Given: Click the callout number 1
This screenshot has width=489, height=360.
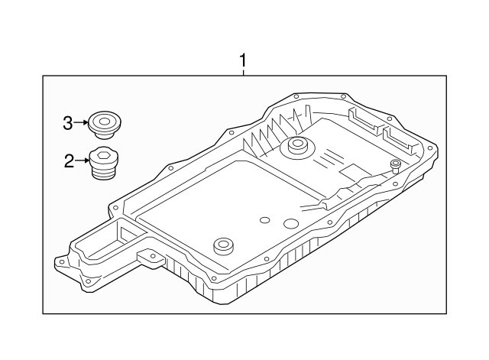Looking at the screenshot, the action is [243, 60].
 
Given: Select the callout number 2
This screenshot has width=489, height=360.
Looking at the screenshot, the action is [70, 161].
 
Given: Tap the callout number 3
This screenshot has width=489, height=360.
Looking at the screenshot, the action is [68, 123].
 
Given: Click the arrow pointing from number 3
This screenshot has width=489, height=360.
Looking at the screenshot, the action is [81, 122].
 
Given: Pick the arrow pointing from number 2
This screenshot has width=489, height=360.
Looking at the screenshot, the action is [82, 161].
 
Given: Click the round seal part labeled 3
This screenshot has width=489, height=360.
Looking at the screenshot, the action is [105, 125].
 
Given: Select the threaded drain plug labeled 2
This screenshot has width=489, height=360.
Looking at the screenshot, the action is [104, 163].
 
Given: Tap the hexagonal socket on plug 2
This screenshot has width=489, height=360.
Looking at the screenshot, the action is [103, 154].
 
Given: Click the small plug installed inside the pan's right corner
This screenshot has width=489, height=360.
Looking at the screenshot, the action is [396, 166].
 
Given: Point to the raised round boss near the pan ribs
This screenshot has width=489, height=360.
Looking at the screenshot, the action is [296, 147].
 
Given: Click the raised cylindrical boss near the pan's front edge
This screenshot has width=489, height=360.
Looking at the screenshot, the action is [224, 246].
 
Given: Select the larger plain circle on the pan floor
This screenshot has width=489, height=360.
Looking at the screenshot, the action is [291, 222].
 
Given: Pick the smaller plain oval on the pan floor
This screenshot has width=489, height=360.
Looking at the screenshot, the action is [265, 220].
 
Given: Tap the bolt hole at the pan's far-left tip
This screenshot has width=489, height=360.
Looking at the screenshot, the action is [62, 261].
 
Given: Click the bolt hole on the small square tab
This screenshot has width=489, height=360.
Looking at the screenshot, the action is [153, 256].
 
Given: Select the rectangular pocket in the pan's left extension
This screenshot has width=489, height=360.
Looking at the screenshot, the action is [131, 235].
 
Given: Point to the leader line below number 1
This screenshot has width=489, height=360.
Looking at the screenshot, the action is [243, 73].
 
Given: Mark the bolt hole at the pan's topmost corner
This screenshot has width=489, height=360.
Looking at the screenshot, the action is [295, 97].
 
